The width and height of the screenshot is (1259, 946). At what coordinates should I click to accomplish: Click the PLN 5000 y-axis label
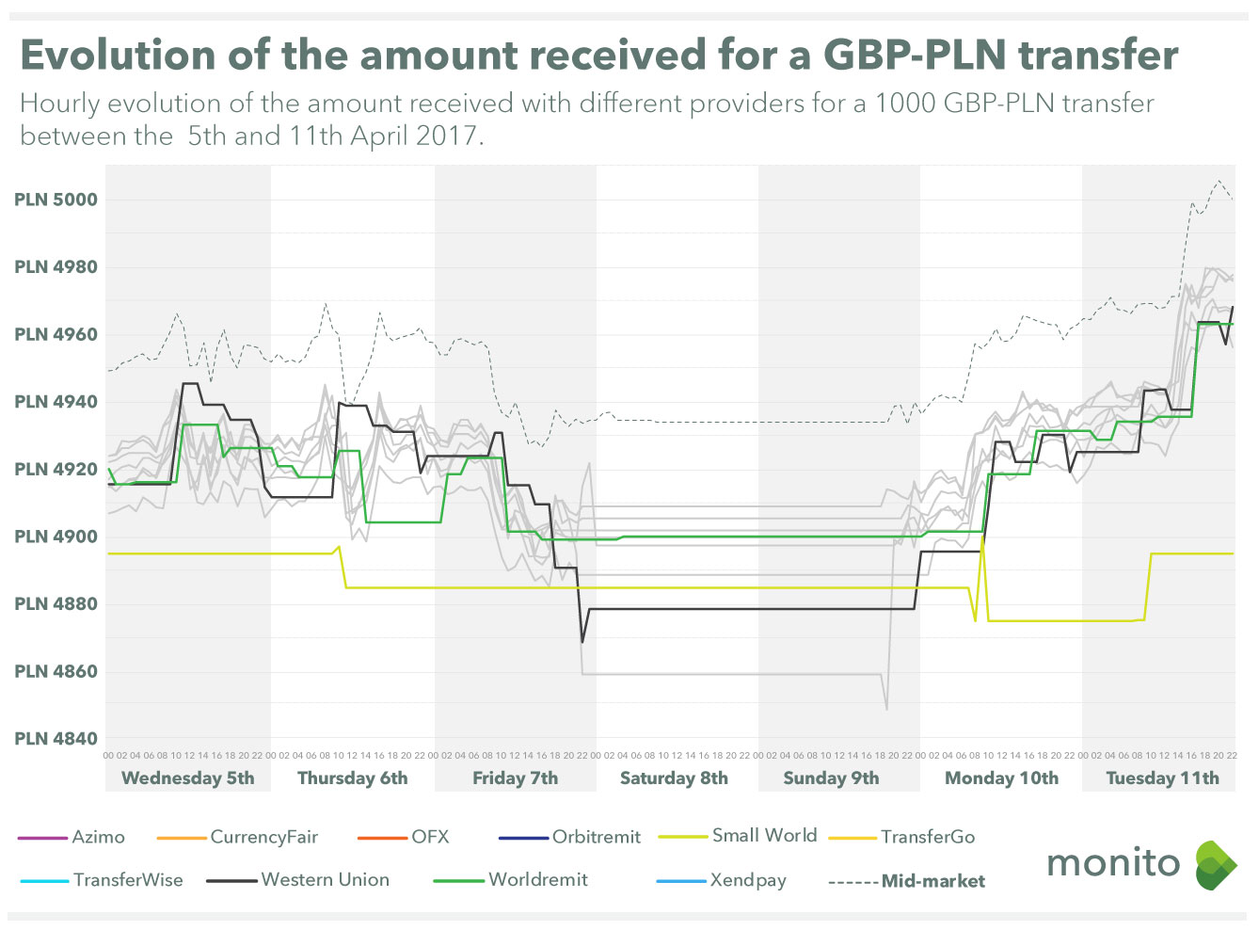56,200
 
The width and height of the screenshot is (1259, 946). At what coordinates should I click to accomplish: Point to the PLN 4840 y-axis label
56,739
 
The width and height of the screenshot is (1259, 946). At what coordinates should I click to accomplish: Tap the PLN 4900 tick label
56,537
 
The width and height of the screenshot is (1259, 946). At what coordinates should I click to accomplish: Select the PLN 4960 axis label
56,334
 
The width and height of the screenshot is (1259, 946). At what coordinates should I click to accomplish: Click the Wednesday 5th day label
188,778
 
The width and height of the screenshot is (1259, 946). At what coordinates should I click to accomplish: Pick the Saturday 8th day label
674,778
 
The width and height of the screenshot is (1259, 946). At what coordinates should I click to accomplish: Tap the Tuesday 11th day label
1162,778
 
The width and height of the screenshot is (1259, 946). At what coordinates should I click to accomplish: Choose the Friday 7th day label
515,778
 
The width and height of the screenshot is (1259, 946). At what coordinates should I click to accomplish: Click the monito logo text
1113,862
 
